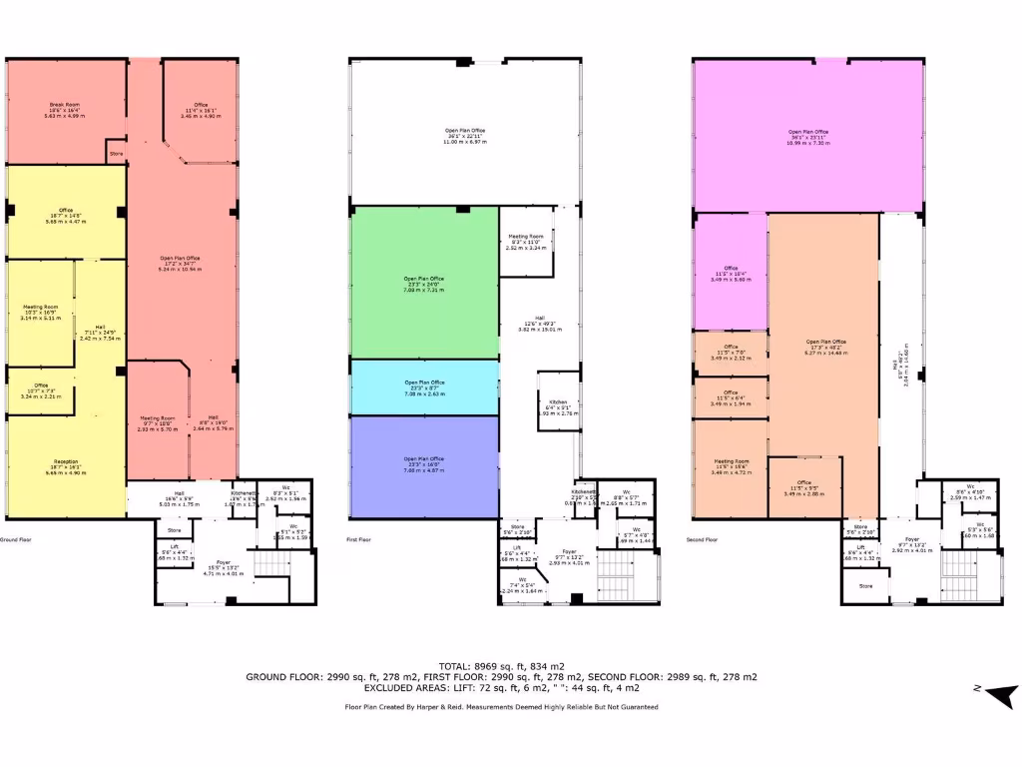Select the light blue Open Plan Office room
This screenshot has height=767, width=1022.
[x=424, y=387]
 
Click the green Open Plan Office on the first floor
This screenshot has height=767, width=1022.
[x=424, y=284]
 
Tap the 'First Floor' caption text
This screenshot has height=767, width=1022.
[x=359, y=539]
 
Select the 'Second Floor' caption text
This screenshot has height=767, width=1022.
[x=703, y=539]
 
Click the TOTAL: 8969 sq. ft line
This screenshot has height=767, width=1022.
[x=501, y=665]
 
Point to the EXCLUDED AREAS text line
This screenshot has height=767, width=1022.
[x=501, y=688]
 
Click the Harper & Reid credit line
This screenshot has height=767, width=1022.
[x=501, y=706]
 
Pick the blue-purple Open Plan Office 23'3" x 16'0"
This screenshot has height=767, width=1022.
[x=424, y=462]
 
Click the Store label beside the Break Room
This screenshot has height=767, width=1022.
[x=116, y=154]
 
